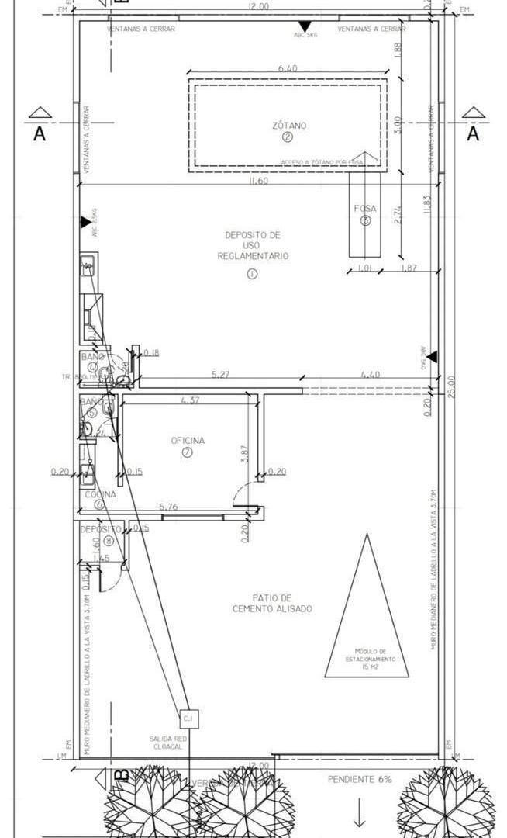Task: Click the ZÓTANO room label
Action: point(288,125)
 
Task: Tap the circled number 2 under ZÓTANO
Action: point(288,137)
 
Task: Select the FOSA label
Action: point(365,208)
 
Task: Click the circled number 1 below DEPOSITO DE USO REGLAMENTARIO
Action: point(252,273)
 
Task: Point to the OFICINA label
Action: point(188,441)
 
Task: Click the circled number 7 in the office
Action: point(187,453)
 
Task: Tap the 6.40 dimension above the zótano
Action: point(288,69)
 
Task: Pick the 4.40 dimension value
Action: point(371,375)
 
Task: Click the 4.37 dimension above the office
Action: point(190,400)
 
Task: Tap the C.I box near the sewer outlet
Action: point(189,719)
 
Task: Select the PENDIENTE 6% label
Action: point(359,778)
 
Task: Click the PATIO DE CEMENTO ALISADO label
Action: point(272,603)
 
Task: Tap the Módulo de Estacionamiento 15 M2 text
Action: point(371,659)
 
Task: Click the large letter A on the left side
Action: point(40,134)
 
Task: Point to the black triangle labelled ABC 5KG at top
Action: point(305,26)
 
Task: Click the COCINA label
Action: point(100,494)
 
